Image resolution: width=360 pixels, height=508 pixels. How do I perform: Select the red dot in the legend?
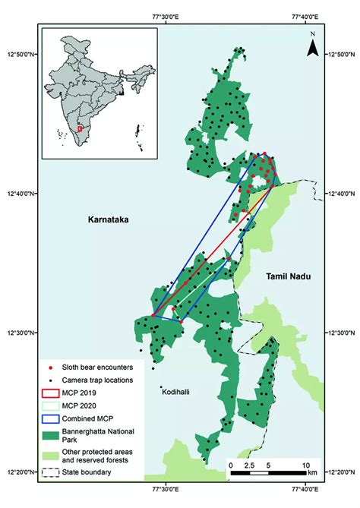pyautogui.click(x=49, y=368)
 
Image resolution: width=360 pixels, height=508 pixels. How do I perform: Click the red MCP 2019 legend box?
pyautogui.click(x=49, y=395)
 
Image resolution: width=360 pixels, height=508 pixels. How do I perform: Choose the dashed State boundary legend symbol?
pyautogui.click(x=49, y=473)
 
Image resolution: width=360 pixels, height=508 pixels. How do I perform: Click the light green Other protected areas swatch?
pyautogui.click(x=49, y=456)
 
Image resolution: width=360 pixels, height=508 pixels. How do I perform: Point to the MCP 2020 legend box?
pyautogui.click(x=49, y=408)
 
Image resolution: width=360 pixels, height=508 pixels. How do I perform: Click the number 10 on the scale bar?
pyautogui.click(x=305, y=464)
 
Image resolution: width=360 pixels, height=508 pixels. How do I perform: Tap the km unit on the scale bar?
pyautogui.click(x=310, y=474)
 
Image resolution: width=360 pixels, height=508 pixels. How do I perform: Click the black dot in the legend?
pyautogui.click(x=49, y=380)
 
